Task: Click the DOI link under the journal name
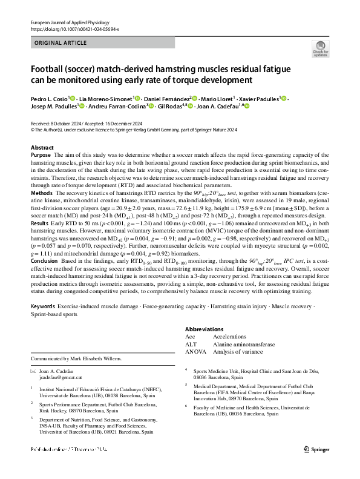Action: pyautogui.click(x=74, y=28)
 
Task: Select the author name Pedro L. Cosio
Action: pyautogui.click(x=49, y=98)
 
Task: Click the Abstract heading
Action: pyautogui.click(x=42, y=148)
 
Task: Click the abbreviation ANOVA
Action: pyautogui.click(x=195, y=350)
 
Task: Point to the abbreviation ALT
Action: pyautogui.click(x=191, y=343)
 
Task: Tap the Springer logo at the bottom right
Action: pyautogui.click(x=316, y=466)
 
